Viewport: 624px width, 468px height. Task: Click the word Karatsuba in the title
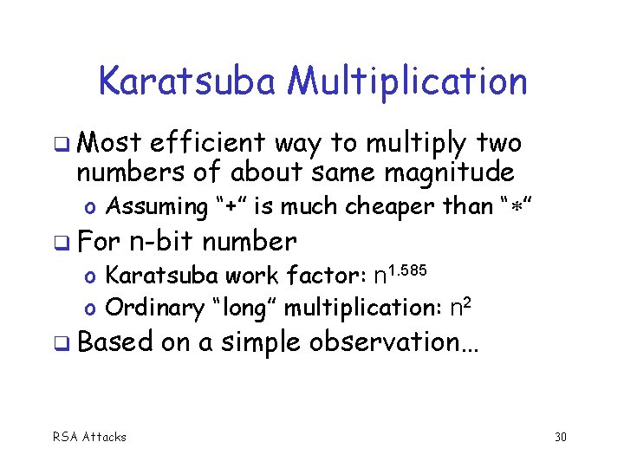188,82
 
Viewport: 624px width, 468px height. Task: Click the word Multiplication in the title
407,82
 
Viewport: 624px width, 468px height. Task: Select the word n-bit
160,240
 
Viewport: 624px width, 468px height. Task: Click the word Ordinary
149,308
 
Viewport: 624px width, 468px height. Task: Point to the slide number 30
560,437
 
